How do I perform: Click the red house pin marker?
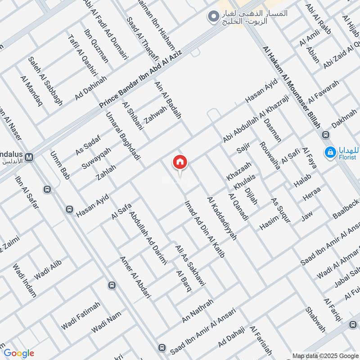(x=180, y=162)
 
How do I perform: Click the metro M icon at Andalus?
(x=29, y=157)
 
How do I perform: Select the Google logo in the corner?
(x=18, y=353)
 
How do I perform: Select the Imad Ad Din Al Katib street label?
(x=204, y=229)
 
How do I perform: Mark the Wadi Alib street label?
(x=47, y=270)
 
